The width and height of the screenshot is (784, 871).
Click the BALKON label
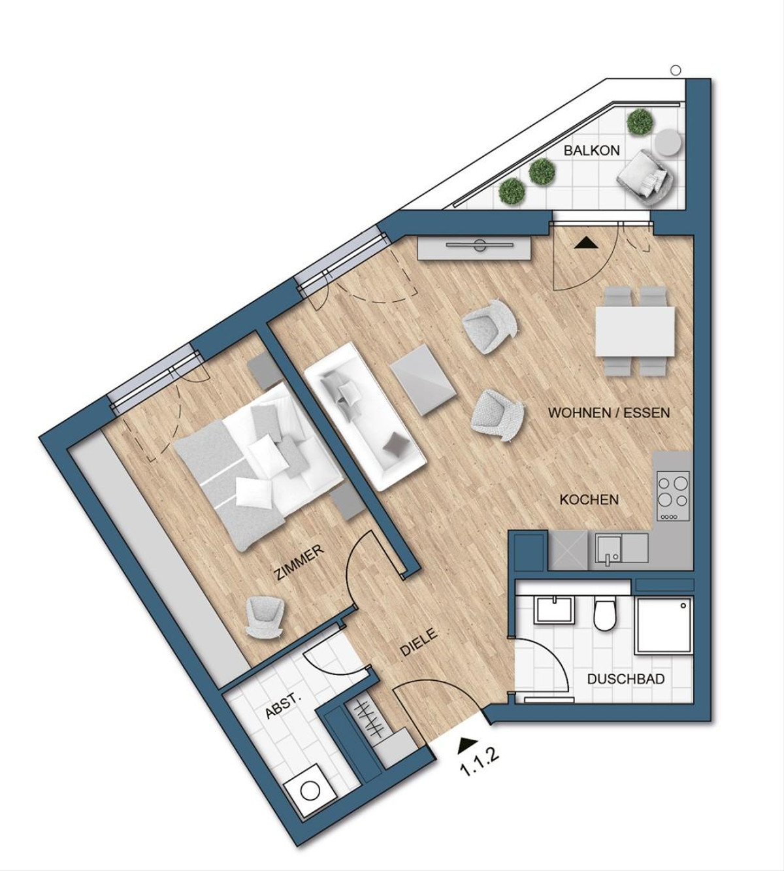click(x=591, y=151)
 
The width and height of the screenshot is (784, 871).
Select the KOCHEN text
click(x=589, y=500)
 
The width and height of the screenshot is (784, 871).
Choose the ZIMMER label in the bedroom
click(x=299, y=563)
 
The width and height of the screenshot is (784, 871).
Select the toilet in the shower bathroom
click(x=605, y=615)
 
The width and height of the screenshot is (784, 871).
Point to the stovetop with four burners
click(x=673, y=496)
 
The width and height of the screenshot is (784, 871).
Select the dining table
click(x=636, y=331)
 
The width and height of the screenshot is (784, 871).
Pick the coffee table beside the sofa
click(x=424, y=380)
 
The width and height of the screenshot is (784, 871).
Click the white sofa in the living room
click(x=365, y=416)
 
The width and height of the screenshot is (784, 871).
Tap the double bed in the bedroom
click(x=259, y=468)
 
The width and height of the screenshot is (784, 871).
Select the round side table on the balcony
click(x=668, y=142)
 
